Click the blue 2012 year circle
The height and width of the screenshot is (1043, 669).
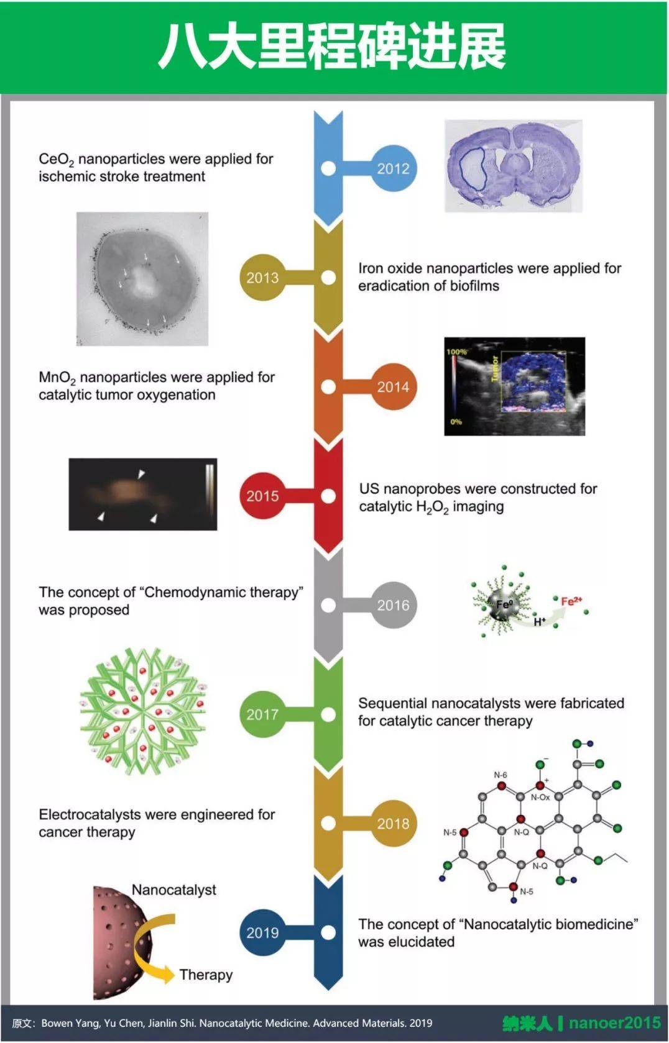393,168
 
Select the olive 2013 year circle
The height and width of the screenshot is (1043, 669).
262,278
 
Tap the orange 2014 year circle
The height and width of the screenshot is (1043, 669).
393,387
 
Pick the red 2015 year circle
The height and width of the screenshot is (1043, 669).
262,496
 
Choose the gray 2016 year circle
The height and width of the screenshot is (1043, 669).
393,605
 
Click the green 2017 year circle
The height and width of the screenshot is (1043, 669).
262,714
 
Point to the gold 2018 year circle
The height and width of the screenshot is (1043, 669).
393,824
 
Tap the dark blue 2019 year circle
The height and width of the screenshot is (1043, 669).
262,932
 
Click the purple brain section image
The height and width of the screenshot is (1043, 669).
514,166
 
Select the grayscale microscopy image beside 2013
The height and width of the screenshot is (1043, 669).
142,279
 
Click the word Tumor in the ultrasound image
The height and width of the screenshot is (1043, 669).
496,368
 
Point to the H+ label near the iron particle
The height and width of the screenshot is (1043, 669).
539,621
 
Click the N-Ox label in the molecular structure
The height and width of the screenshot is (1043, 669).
540,797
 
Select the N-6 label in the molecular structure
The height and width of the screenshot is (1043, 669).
501,775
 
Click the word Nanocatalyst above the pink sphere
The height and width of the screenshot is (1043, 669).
173,890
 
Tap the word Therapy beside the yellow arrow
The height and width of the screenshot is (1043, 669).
206,974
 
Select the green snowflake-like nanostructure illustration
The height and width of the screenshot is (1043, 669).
143,712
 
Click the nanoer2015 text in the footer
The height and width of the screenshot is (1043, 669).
614,1023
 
